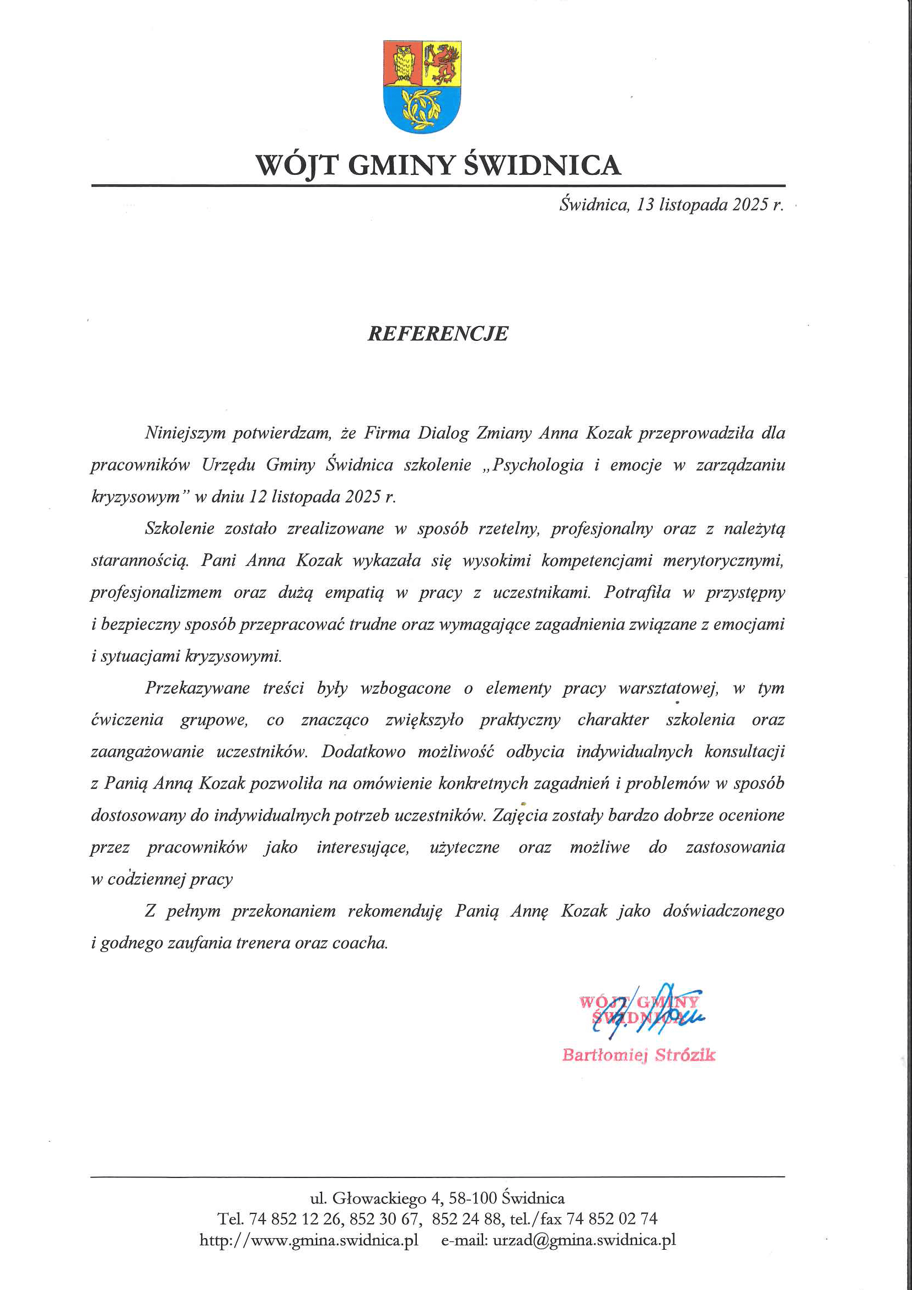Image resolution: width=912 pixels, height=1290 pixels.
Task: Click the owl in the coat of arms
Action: pyautogui.click(x=401, y=63)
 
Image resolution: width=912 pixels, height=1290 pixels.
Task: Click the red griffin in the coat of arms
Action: pyautogui.click(x=442, y=62)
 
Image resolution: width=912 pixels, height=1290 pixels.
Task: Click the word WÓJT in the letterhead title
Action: pyautogui.click(x=297, y=165)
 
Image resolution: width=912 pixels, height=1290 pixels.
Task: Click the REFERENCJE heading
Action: pyautogui.click(x=437, y=334)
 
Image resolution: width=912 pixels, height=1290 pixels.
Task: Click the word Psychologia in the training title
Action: pyautogui.click(x=538, y=465)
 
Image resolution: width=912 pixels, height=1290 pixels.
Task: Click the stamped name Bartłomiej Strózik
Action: pyautogui.click(x=639, y=1055)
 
